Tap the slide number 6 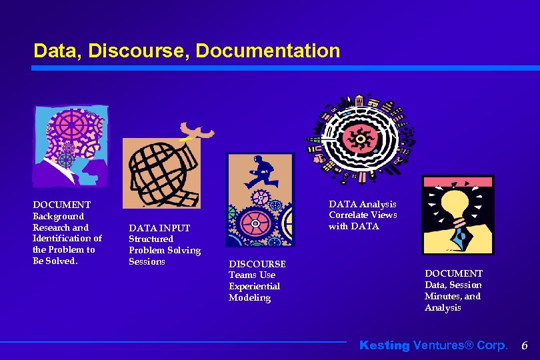point(524,345)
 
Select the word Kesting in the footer point(385,345)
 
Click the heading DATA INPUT point(159,228)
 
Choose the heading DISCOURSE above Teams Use point(257,264)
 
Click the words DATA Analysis point(362,204)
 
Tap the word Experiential point(254,287)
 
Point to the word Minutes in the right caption point(443,297)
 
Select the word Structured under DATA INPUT point(151,239)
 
